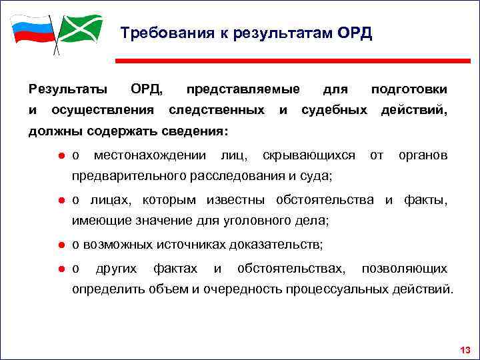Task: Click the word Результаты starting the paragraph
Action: (x=67, y=89)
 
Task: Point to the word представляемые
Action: (x=243, y=89)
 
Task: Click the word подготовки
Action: (x=409, y=89)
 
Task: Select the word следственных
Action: (x=217, y=109)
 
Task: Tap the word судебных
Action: (x=334, y=109)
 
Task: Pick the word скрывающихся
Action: (x=309, y=156)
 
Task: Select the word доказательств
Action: (x=275, y=245)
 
